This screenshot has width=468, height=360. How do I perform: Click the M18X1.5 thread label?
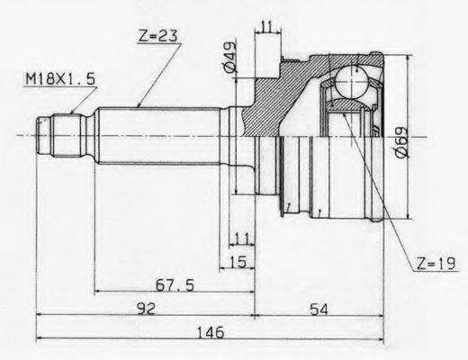pos(60,79)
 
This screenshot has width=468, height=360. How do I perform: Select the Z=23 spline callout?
pos(158,36)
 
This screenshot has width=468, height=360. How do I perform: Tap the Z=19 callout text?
pos(436,264)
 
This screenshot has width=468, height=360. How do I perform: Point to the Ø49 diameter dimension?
pos(230,57)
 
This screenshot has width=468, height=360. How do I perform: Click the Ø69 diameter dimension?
pos(401,141)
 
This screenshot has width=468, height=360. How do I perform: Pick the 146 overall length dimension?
pos(211,332)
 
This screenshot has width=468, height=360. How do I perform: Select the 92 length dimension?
pos(146,309)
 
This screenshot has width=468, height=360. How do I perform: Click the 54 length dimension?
pos(319,309)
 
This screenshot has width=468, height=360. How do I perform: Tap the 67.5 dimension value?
pos(175,284)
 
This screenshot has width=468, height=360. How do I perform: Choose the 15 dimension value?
pos(238,262)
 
